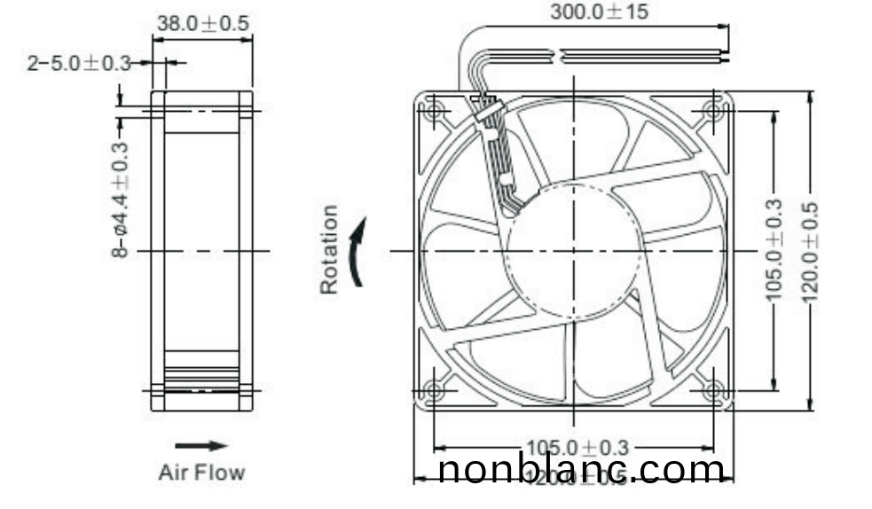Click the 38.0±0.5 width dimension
(x=202, y=24)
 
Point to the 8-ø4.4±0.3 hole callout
(x=120, y=200)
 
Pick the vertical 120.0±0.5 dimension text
(x=809, y=251)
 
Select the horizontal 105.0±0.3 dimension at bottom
(x=577, y=447)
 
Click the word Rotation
(x=329, y=249)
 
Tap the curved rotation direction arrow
(x=357, y=253)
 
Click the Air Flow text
(x=201, y=472)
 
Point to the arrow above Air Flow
(x=200, y=446)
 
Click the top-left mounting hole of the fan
(x=435, y=111)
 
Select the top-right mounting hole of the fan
(x=712, y=111)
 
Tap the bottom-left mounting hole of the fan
(x=435, y=389)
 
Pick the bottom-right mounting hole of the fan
(x=712, y=389)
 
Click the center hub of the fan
(x=574, y=251)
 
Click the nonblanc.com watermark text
(x=582, y=469)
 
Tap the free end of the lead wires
(x=723, y=56)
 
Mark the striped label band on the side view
(x=201, y=379)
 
